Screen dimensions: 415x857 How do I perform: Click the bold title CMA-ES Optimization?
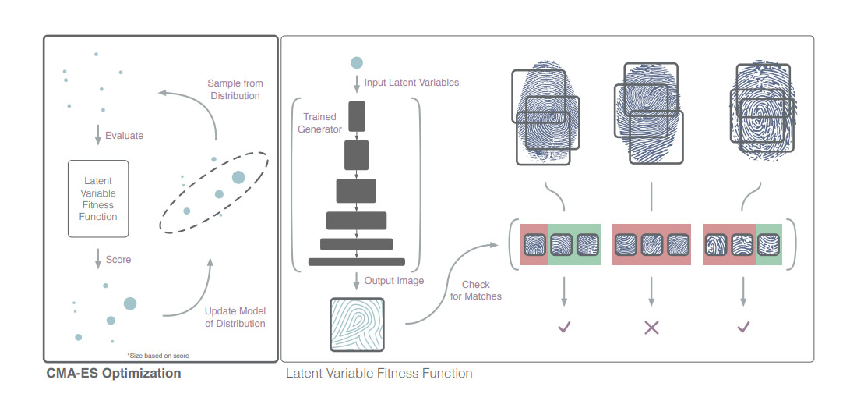point(114,373)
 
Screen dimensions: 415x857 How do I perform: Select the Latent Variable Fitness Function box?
point(98,199)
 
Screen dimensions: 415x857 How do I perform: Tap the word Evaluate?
point(125,135)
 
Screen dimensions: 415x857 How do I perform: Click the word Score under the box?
point(119,259)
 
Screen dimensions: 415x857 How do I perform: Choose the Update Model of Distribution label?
point(235,317)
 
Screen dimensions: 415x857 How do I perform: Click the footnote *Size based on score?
point(158,356)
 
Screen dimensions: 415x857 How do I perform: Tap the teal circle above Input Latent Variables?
point(357,62)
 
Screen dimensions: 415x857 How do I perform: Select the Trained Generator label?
point(319,123)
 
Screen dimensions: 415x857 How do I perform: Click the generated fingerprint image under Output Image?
point(357,325)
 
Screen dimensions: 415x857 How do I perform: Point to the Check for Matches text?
point(476,290)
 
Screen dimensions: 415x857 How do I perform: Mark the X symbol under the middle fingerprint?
point(651,328)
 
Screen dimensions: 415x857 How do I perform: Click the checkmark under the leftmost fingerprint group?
point(564,328)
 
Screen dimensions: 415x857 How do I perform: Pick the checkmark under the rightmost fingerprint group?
point(742,328)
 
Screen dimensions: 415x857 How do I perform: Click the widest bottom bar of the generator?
point(357,261)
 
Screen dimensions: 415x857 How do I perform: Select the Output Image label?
point(394,281)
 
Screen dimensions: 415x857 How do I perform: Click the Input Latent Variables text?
point(411,82)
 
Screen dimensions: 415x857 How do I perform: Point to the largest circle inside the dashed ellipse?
point(238,178)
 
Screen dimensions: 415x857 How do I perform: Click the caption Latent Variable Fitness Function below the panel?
point(379,373)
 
